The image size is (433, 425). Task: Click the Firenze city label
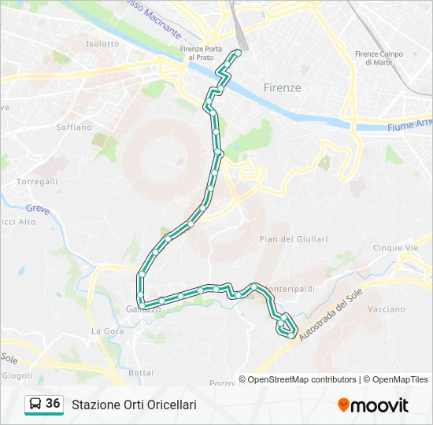[282, 87]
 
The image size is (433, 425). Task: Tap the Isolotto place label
[102, 44]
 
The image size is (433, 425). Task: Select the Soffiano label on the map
[75, 127]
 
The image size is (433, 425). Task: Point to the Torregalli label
[38, 181]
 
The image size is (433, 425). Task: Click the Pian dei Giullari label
[293, 238]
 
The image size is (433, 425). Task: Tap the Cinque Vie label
[395, 247]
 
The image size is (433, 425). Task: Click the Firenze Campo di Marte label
[379, 57]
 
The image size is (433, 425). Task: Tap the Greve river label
[37, 209]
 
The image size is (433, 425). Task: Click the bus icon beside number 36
[35, 404]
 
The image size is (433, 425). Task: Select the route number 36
[53, 403]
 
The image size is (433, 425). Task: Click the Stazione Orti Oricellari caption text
[134, 405]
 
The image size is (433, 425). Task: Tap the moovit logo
[373, 405]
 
